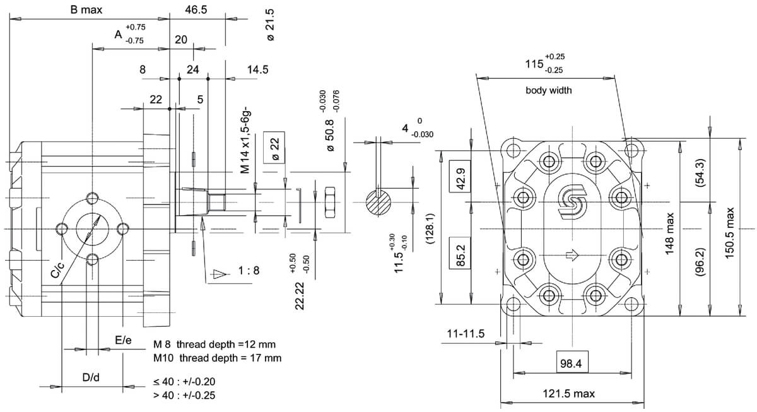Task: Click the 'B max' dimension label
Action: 86,10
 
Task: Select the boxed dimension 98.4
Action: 572,362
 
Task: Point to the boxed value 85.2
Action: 460,253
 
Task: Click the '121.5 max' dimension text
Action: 568,394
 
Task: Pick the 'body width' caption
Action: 548,90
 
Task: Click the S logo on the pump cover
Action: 572,203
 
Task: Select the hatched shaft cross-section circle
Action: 378,203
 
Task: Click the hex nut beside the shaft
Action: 329,202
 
